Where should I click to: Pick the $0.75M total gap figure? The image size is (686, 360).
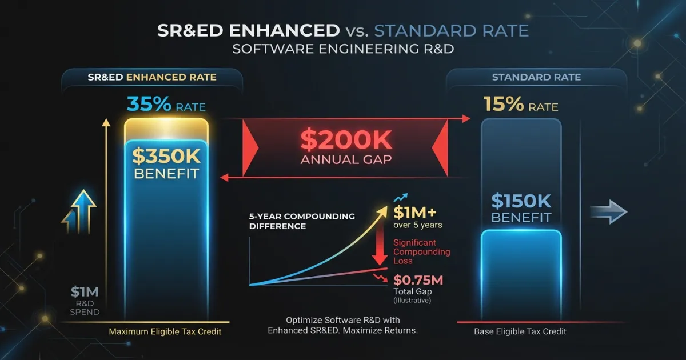pyautogui.click(x=419, y=281)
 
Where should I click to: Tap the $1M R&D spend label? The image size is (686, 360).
pyautogui.click(x=85, y=292)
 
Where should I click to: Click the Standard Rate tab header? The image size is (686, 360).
pyautogui.click(x=536, y=77)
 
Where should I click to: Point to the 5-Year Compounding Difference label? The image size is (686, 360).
pyautogui.click(x=302, y=221)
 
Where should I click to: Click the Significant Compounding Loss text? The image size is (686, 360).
pyautogui.click(x=421, y=251)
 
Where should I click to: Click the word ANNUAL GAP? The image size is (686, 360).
pyautogui.click(x=346, y=159)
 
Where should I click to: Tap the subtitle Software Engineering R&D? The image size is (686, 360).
pyautogui.click(x=343, y=49)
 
